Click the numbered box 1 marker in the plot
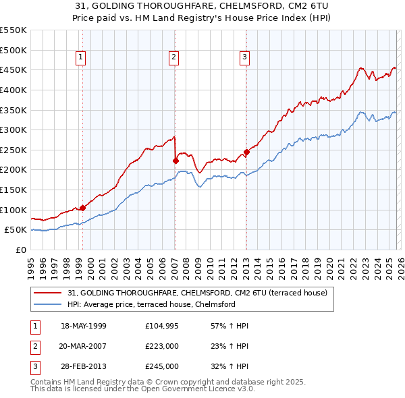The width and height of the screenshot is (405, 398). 80,58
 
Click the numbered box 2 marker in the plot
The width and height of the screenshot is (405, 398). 173,58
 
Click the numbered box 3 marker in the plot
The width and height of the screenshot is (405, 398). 244,58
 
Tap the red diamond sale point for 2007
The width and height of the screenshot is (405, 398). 175,161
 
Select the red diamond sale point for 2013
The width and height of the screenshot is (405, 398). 246,152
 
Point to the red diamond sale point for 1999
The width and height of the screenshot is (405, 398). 82,208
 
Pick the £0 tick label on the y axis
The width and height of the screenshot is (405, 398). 22,250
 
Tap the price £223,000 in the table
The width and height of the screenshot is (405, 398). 162,346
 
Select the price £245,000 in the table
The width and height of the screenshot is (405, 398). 162,366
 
